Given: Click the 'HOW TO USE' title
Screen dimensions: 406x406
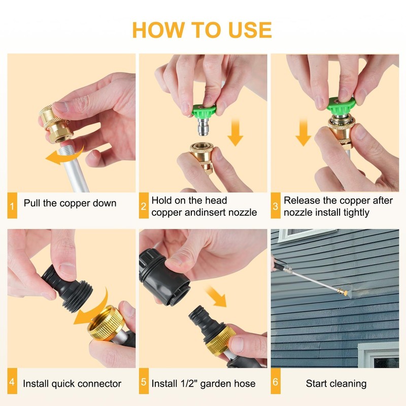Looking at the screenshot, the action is (x=202, y=30).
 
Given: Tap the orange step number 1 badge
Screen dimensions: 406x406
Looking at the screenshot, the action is (x=12, y=206).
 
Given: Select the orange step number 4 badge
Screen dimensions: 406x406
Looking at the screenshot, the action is (x=12, y=381).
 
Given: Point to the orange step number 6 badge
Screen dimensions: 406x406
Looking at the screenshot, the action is (x=276, y=381).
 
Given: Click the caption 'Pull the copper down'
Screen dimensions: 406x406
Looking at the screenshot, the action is (x=70, y=204).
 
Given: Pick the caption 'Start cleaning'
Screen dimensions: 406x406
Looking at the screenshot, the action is (x=336, y=384).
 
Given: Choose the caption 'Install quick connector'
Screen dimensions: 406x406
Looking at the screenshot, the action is (x=72, y=384).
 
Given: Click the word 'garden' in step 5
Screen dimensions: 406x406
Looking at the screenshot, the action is (x=218, y=384).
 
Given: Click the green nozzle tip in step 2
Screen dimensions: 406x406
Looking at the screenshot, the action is (x=204, y=111).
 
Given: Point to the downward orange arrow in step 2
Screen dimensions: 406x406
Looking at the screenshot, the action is (x=235, y=132).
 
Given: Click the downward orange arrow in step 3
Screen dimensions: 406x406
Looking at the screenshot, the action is (x=303, y=132).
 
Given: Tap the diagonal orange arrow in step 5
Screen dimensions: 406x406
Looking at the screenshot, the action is (x=216, y=296).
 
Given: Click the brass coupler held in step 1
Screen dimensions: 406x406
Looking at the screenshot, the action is (x=56, y=124).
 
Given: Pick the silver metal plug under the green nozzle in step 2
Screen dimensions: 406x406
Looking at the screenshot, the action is (x=205, y=126).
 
